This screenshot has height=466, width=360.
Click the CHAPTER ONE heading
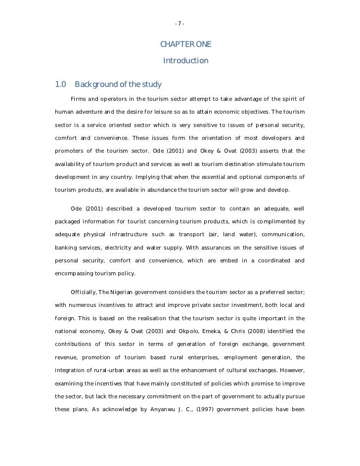tap(186, 45)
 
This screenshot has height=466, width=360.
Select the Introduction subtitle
tap(186, 61)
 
